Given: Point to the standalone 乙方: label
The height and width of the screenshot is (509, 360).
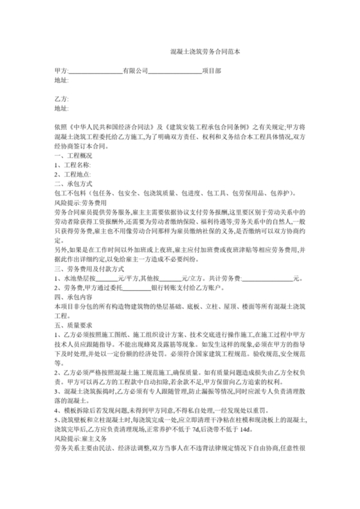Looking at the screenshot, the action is tap(62, 99).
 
